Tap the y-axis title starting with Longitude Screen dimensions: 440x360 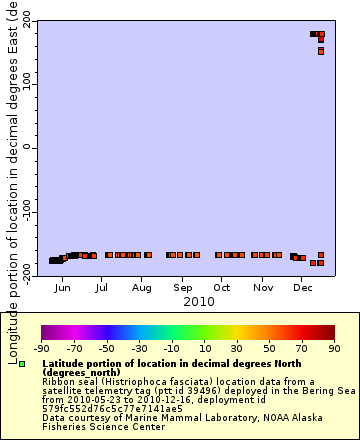click(11, 180)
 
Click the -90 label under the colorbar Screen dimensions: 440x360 click(42, 349)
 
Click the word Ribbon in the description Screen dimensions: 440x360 click(59, 381)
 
